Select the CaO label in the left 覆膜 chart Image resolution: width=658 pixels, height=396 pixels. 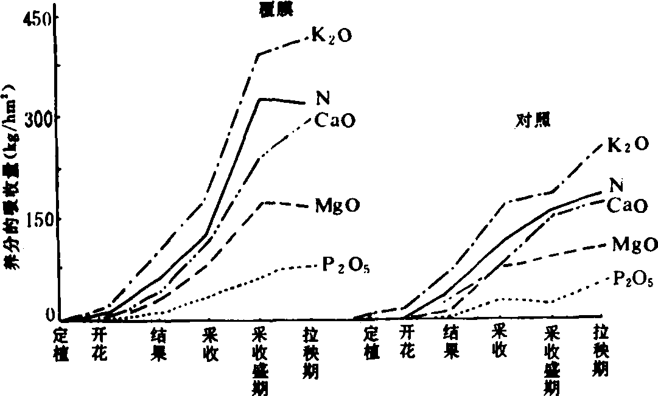(334, 120)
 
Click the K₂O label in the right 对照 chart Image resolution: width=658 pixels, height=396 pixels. (628, 145)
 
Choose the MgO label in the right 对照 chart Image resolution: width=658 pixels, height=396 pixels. (634, 245)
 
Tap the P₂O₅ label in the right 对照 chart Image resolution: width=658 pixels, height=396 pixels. (633, 279)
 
